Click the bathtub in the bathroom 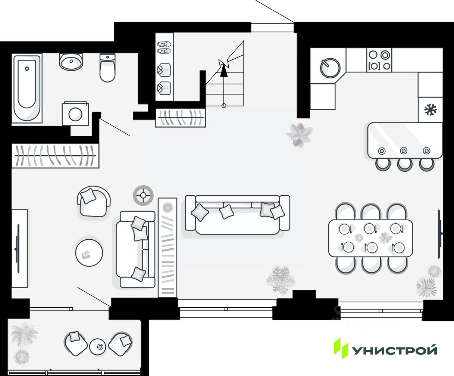click(x=27, y=87)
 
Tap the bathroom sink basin click(x=71, y=61)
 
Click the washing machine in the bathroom click(x=75, y=114)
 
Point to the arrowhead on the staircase click(x=224, y=70)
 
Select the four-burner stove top click(x=379, y=60)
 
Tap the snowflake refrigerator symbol click(x=430, y=109)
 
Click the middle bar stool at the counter click(x=404, y=164)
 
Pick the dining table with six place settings click(x=370, y=238)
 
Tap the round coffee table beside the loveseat click(x=89, y=253)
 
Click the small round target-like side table click(x=143, y=195)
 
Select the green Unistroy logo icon click(x=340, y=348)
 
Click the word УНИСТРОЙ click(x=395, y=350)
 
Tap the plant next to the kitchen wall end click(x=299, y=134)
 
